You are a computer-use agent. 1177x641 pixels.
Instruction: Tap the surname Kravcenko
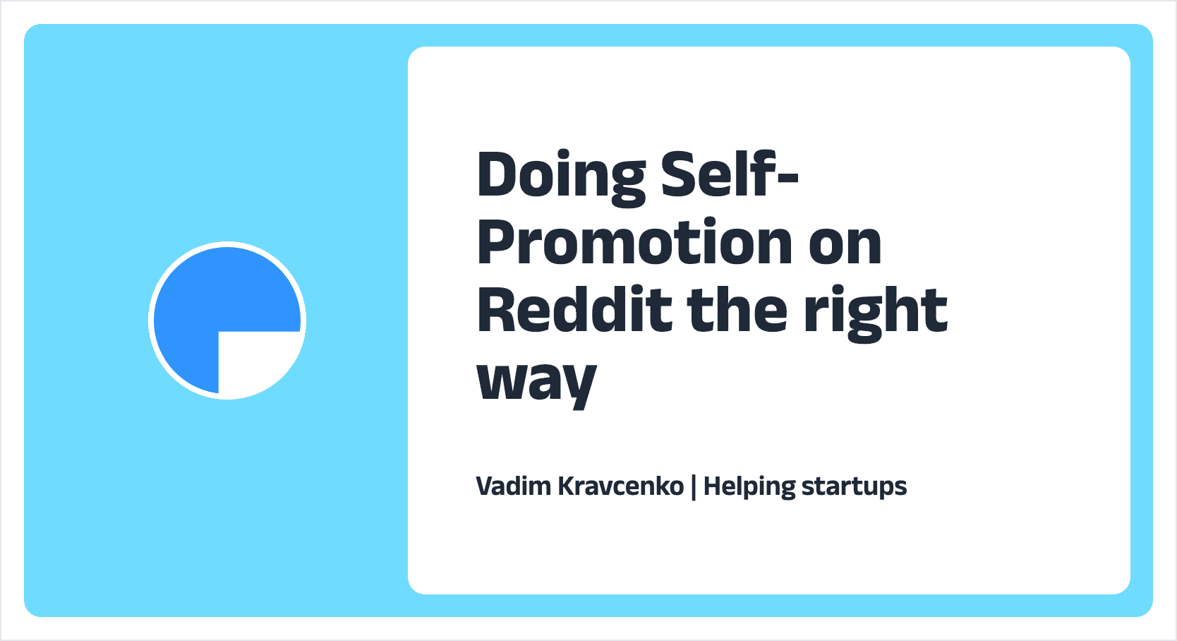[x=621, y=486]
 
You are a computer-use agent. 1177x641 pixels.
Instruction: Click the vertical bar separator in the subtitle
[x=694, y=486]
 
